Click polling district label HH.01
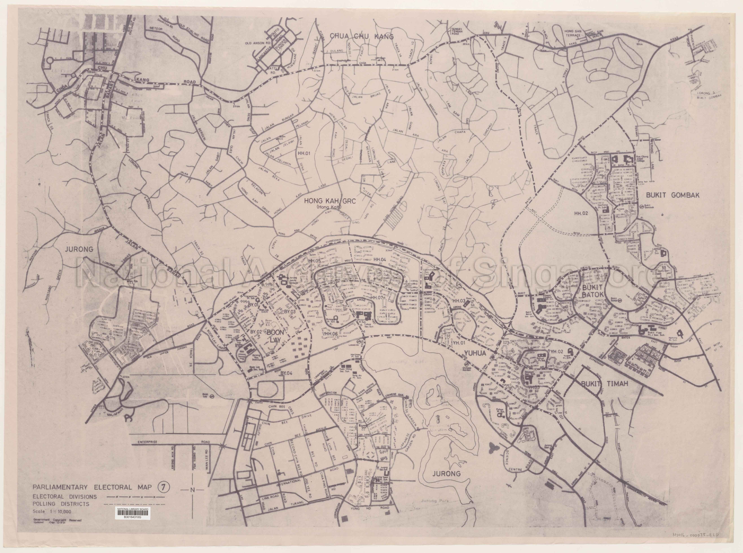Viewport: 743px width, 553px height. point(304,154)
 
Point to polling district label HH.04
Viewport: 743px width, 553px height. point(380,259)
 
